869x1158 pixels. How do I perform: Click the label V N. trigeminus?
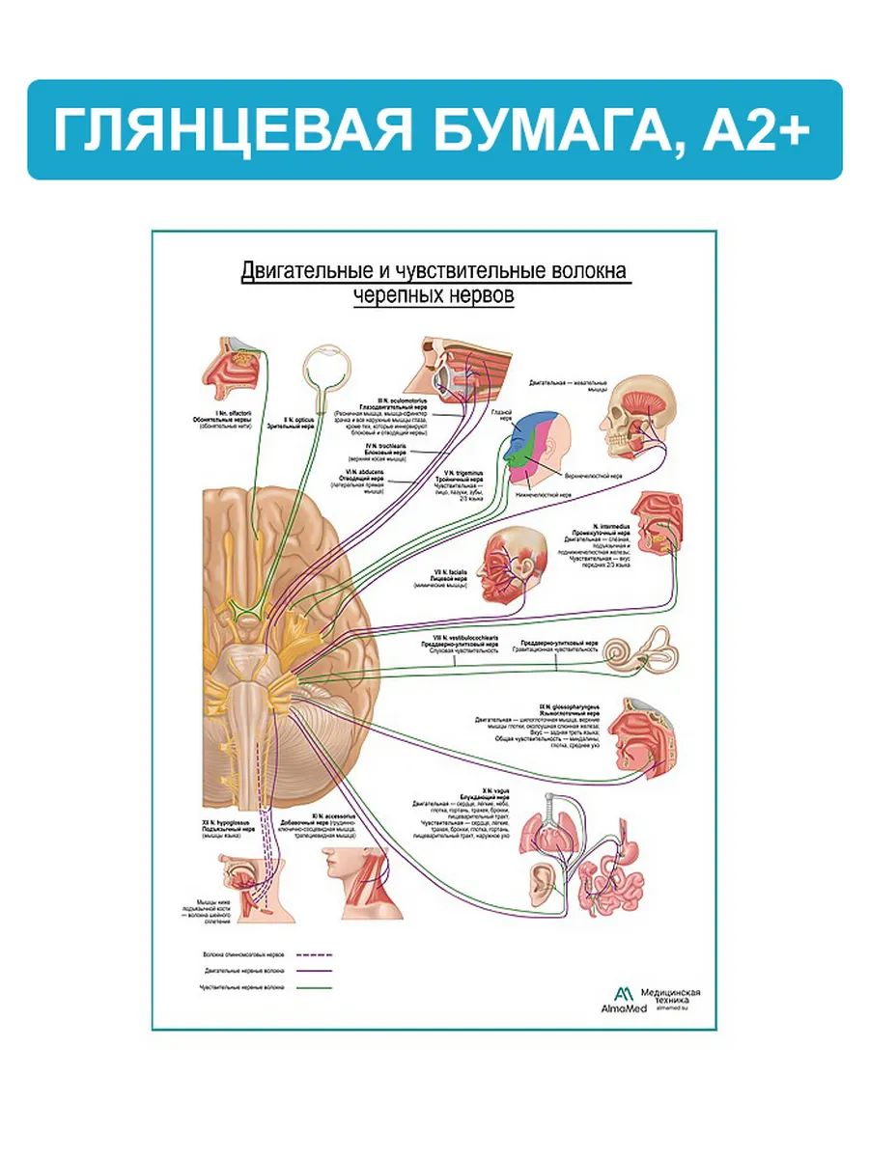459,471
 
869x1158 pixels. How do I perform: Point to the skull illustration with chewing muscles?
638,416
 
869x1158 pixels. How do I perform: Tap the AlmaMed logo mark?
624,995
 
